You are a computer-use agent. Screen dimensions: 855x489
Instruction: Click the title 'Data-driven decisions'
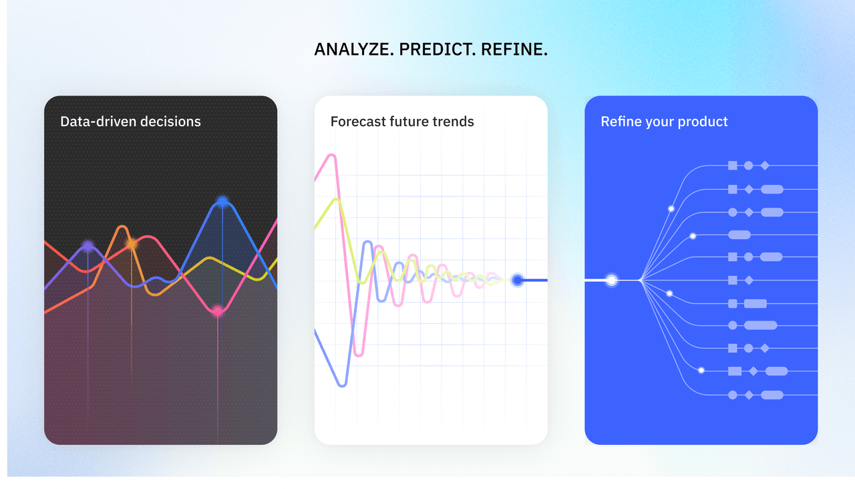[130, 122]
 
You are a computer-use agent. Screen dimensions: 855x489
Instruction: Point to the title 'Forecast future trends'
[402, 122]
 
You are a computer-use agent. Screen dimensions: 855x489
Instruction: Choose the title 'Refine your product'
[664, 122]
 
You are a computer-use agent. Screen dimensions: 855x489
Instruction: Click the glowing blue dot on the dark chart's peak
[222, 201]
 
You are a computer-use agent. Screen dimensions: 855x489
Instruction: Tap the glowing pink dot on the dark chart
[218, 311]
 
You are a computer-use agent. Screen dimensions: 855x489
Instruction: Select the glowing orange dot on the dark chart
[132, 244]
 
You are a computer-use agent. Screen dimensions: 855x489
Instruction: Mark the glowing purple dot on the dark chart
[88, 247]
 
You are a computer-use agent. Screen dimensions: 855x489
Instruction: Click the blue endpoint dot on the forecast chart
[517, 280]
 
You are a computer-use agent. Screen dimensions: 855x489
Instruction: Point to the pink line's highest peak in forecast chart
[331, 156]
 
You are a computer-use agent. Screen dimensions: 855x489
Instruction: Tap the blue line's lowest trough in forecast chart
[342, 385]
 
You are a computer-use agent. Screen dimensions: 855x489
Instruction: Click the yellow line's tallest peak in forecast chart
[336, 200]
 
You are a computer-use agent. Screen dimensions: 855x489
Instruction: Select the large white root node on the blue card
[611, 280]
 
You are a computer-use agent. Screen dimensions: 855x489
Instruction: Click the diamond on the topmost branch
[765, 165]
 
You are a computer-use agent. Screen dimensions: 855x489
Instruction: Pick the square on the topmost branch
[733, 165]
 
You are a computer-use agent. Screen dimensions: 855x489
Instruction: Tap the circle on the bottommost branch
[733, 395]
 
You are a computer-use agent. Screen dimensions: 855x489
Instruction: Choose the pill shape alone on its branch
[739, 234]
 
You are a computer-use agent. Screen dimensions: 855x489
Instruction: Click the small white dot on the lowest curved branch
[701, 370]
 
